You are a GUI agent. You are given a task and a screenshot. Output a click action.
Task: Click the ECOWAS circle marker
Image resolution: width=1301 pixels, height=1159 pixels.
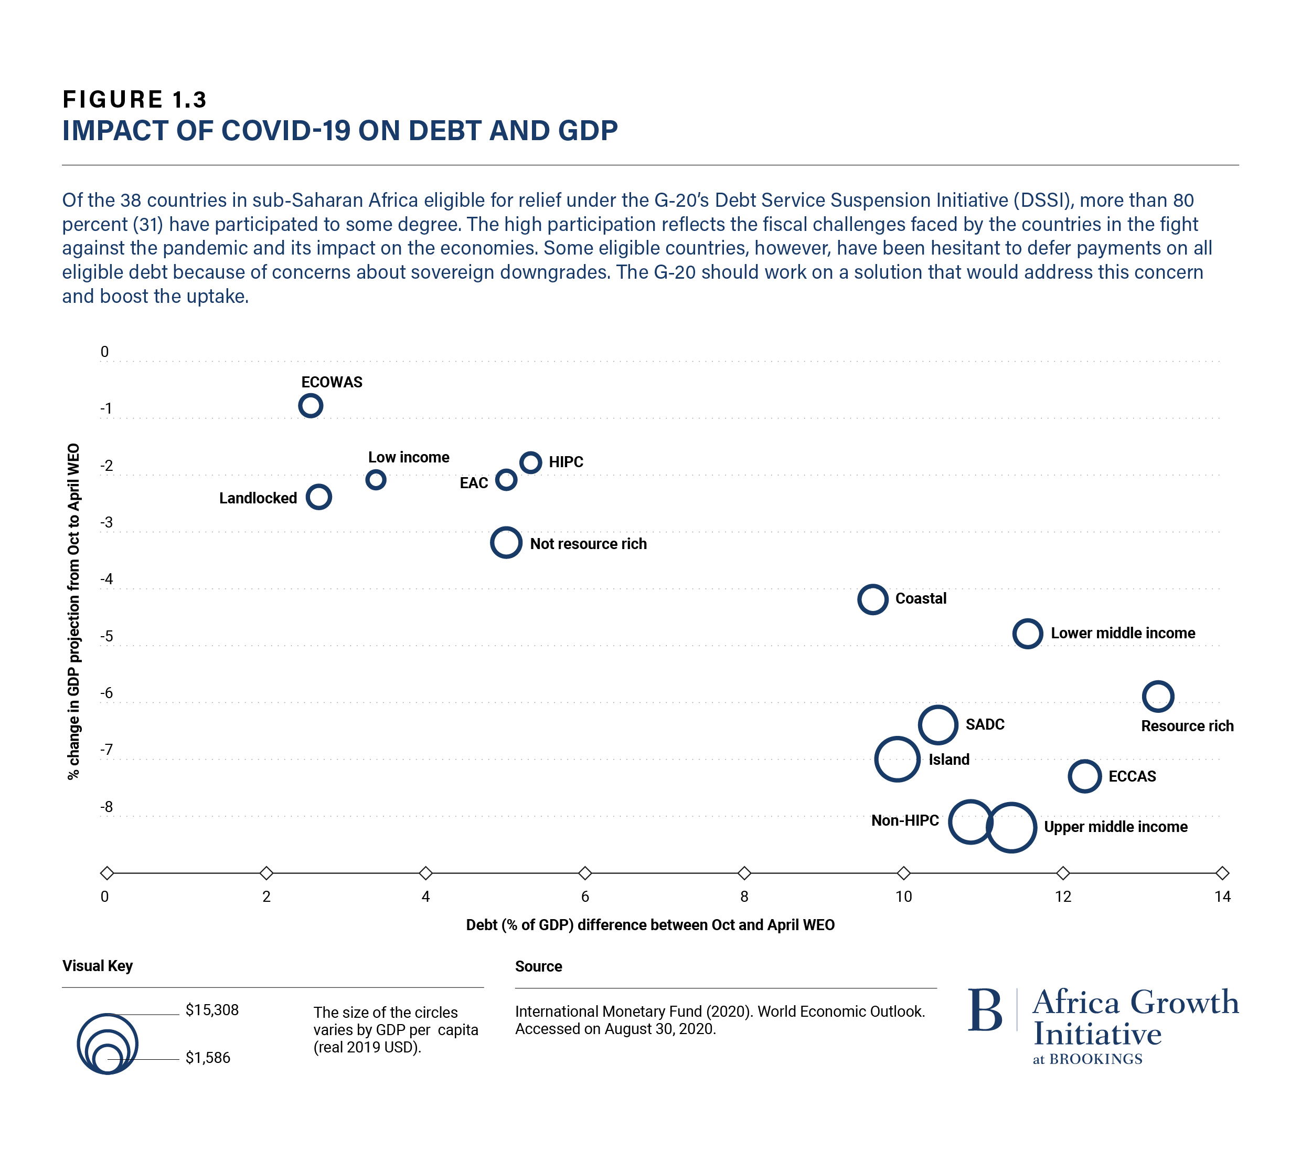(x=311, y=406)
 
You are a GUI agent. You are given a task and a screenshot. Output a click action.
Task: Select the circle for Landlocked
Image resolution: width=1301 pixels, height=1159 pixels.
(x=319, y=497)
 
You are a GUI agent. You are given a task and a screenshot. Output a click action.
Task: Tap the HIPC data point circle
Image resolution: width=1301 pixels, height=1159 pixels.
(x=531, y=462)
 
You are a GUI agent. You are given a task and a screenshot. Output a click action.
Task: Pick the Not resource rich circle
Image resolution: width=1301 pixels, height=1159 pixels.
(x=506, y=543)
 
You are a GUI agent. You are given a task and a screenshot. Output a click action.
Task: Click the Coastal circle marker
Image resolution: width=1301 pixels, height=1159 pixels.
(x=872, y=599)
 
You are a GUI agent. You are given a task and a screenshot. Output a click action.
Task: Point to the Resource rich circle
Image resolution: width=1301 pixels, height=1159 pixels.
(x=1158, y=696)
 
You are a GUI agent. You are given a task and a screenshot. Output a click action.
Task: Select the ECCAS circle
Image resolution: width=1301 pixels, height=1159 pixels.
(x=1084, y=776)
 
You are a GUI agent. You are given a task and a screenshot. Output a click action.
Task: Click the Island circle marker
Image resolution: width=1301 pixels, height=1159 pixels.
(x=897, y=759)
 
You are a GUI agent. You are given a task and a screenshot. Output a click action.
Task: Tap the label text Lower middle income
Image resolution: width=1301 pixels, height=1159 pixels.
(x=1123, y=634)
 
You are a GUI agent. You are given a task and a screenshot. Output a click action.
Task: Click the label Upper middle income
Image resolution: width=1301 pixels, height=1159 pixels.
(x=1116, y=827)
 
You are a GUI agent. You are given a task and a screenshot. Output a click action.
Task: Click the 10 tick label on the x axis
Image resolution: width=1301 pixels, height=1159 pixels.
(x=903, y=897)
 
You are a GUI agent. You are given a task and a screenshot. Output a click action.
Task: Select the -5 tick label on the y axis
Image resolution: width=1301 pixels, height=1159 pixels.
(x=106, y=636)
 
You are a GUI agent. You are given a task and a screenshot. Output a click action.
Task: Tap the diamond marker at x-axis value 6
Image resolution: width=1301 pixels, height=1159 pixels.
(x=585, y=872)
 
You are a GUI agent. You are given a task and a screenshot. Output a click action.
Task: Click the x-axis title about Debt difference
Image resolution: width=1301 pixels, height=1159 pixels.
(x=650, y=925)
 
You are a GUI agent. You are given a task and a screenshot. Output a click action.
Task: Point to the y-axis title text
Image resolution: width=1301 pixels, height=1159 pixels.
(x=74, y=612)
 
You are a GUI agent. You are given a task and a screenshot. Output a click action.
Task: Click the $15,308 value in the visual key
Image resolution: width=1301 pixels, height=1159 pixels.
(x=212, y=1010)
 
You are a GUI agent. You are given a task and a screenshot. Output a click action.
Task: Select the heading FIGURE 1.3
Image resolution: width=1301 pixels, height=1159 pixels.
(x=134, y=99)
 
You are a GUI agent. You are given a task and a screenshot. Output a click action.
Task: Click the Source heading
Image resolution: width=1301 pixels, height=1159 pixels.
(x=538, y=967)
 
